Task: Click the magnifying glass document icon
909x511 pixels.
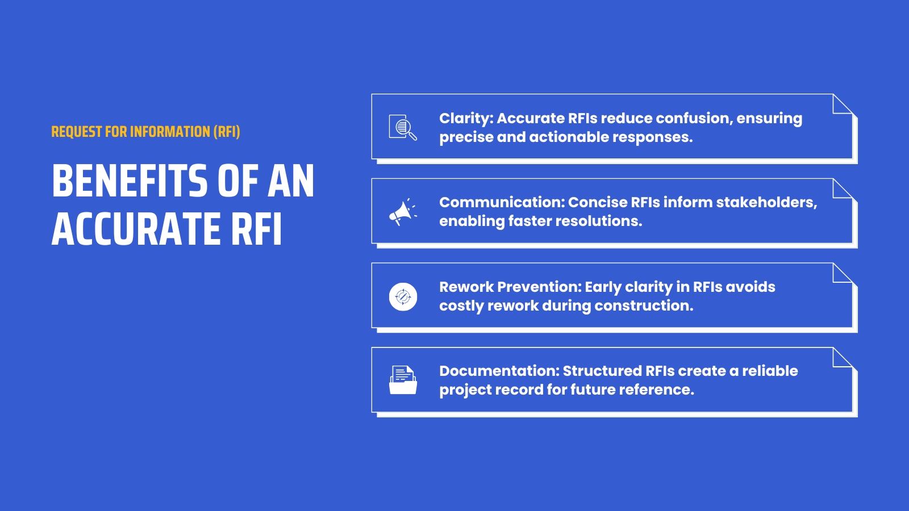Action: pyautogui.click(x=403, y=127)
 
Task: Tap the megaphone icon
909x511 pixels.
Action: pyautogui.click(x=403, y=212)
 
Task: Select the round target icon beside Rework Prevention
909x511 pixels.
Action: pyautogui.click(x=403, y=296)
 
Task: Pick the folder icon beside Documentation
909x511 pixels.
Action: pyautogui.click(x=403, y=380)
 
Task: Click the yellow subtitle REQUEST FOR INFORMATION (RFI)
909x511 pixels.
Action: pyautogui.click(x=145, y=132)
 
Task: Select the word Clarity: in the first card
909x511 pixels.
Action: pyautogui.click(x=466, y=118)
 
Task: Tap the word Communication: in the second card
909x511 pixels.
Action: pyautogui.click(x=502, y=203)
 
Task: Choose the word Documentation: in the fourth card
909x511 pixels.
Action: pyautogui.click(x=499, y=371)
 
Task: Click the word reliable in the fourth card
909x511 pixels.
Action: pyautogui.click(x=770, y=371)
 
